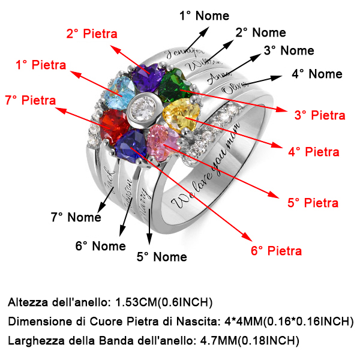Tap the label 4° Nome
click(x=317, y=74)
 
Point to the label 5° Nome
click(x=161, y=257)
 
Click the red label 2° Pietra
click(x=91, y=34)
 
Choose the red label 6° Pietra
click(x=276, y=250)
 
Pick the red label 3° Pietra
click(x=320, y=115)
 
